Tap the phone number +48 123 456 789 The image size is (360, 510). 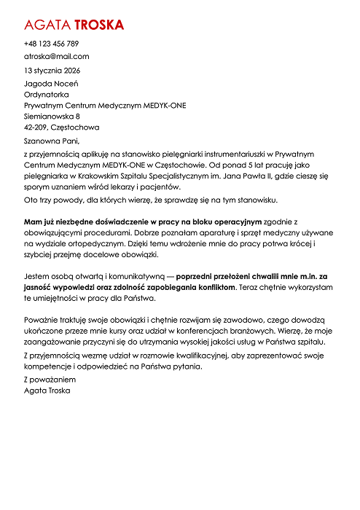[x=51, y=44]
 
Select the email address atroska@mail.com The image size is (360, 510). [x=56, y=56]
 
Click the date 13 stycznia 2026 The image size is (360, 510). [x=52, y=71]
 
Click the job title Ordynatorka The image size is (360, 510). [x=46, y=94]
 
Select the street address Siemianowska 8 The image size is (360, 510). [x=52, y=116]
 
